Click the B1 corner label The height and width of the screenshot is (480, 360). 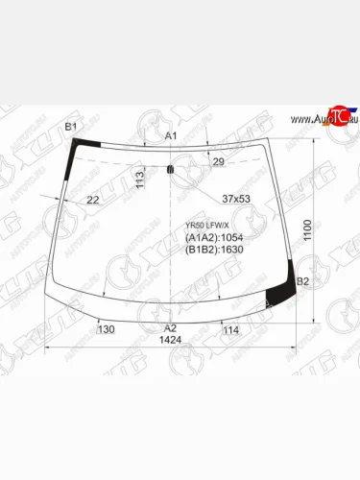point(70,128)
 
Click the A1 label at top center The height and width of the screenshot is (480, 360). point(171,136)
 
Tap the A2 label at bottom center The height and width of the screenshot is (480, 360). point(170,328)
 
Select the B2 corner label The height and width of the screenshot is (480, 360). point(302,281)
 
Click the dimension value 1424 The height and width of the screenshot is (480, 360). point(170,340)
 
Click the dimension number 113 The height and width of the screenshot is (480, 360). point(139,179)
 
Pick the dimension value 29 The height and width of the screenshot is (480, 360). point(218,162)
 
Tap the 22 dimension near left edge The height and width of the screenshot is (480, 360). point(93,200)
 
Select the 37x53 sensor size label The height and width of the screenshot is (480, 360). point(235,199)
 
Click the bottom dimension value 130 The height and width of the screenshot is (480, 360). point(106,329)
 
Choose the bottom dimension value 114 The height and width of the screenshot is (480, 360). point(230,329)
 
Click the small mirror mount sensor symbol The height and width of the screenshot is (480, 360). point(170,171)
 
